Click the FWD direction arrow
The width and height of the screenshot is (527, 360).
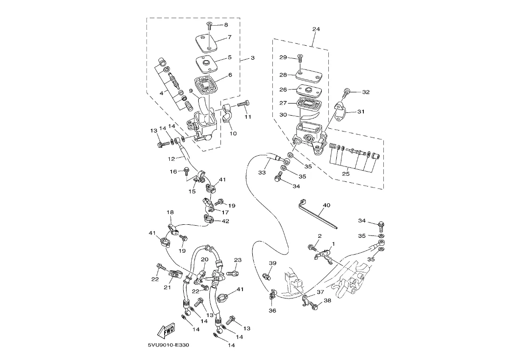pos(166,331)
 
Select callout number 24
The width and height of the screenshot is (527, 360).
pos(316,29)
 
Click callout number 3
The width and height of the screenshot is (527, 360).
pos(252,58)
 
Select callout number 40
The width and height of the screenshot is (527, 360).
pos(326,205)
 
